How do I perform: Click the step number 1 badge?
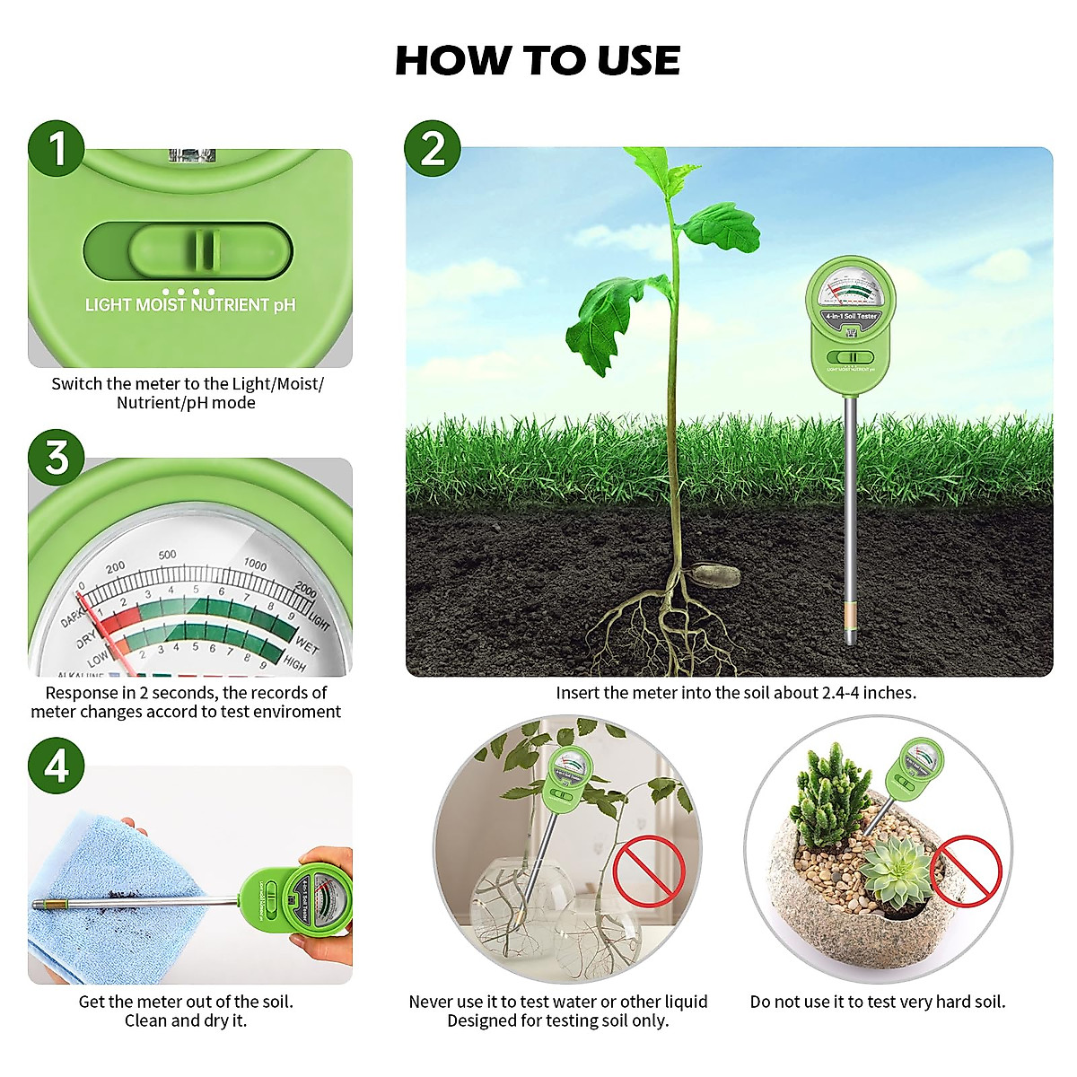tap(57, 148)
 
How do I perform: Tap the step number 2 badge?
tap(433, 148)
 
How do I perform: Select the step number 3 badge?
tap(57, 457)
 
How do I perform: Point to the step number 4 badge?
tap(57, 766)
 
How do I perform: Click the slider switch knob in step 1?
tap(206, 250)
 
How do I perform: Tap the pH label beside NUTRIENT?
tap(285, 305)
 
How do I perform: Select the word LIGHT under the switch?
tap(108, 305)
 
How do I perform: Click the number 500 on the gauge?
tap(167, 555)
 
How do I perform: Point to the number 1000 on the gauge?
tap(255, 565)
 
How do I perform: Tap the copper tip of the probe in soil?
tap(850, 618)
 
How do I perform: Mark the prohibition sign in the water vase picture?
tap(648, 871)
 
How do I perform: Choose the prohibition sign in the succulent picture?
tap(966, 871)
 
